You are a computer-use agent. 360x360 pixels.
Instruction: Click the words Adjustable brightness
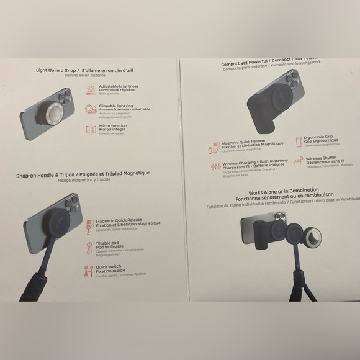(x=118, y=86)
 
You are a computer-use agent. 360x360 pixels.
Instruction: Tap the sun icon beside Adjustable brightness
(x=91, y=89)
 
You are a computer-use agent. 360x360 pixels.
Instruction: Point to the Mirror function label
(x=113, y=126)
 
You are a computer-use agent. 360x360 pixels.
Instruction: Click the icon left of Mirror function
(x=91, y=128)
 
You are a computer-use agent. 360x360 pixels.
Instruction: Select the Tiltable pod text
(x=108, y=243)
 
